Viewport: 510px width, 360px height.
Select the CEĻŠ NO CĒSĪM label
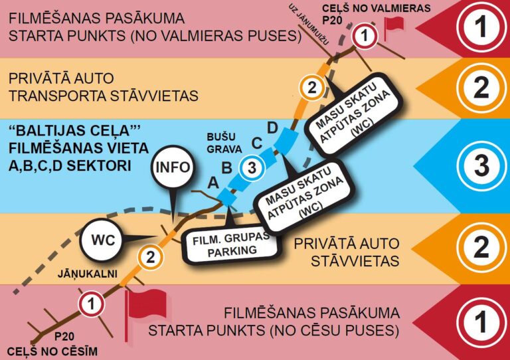(52, 351)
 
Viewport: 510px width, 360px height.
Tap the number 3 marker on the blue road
(251, 168)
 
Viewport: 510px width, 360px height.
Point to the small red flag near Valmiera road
(394, 25)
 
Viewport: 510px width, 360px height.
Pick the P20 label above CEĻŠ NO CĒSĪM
(64, 337)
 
